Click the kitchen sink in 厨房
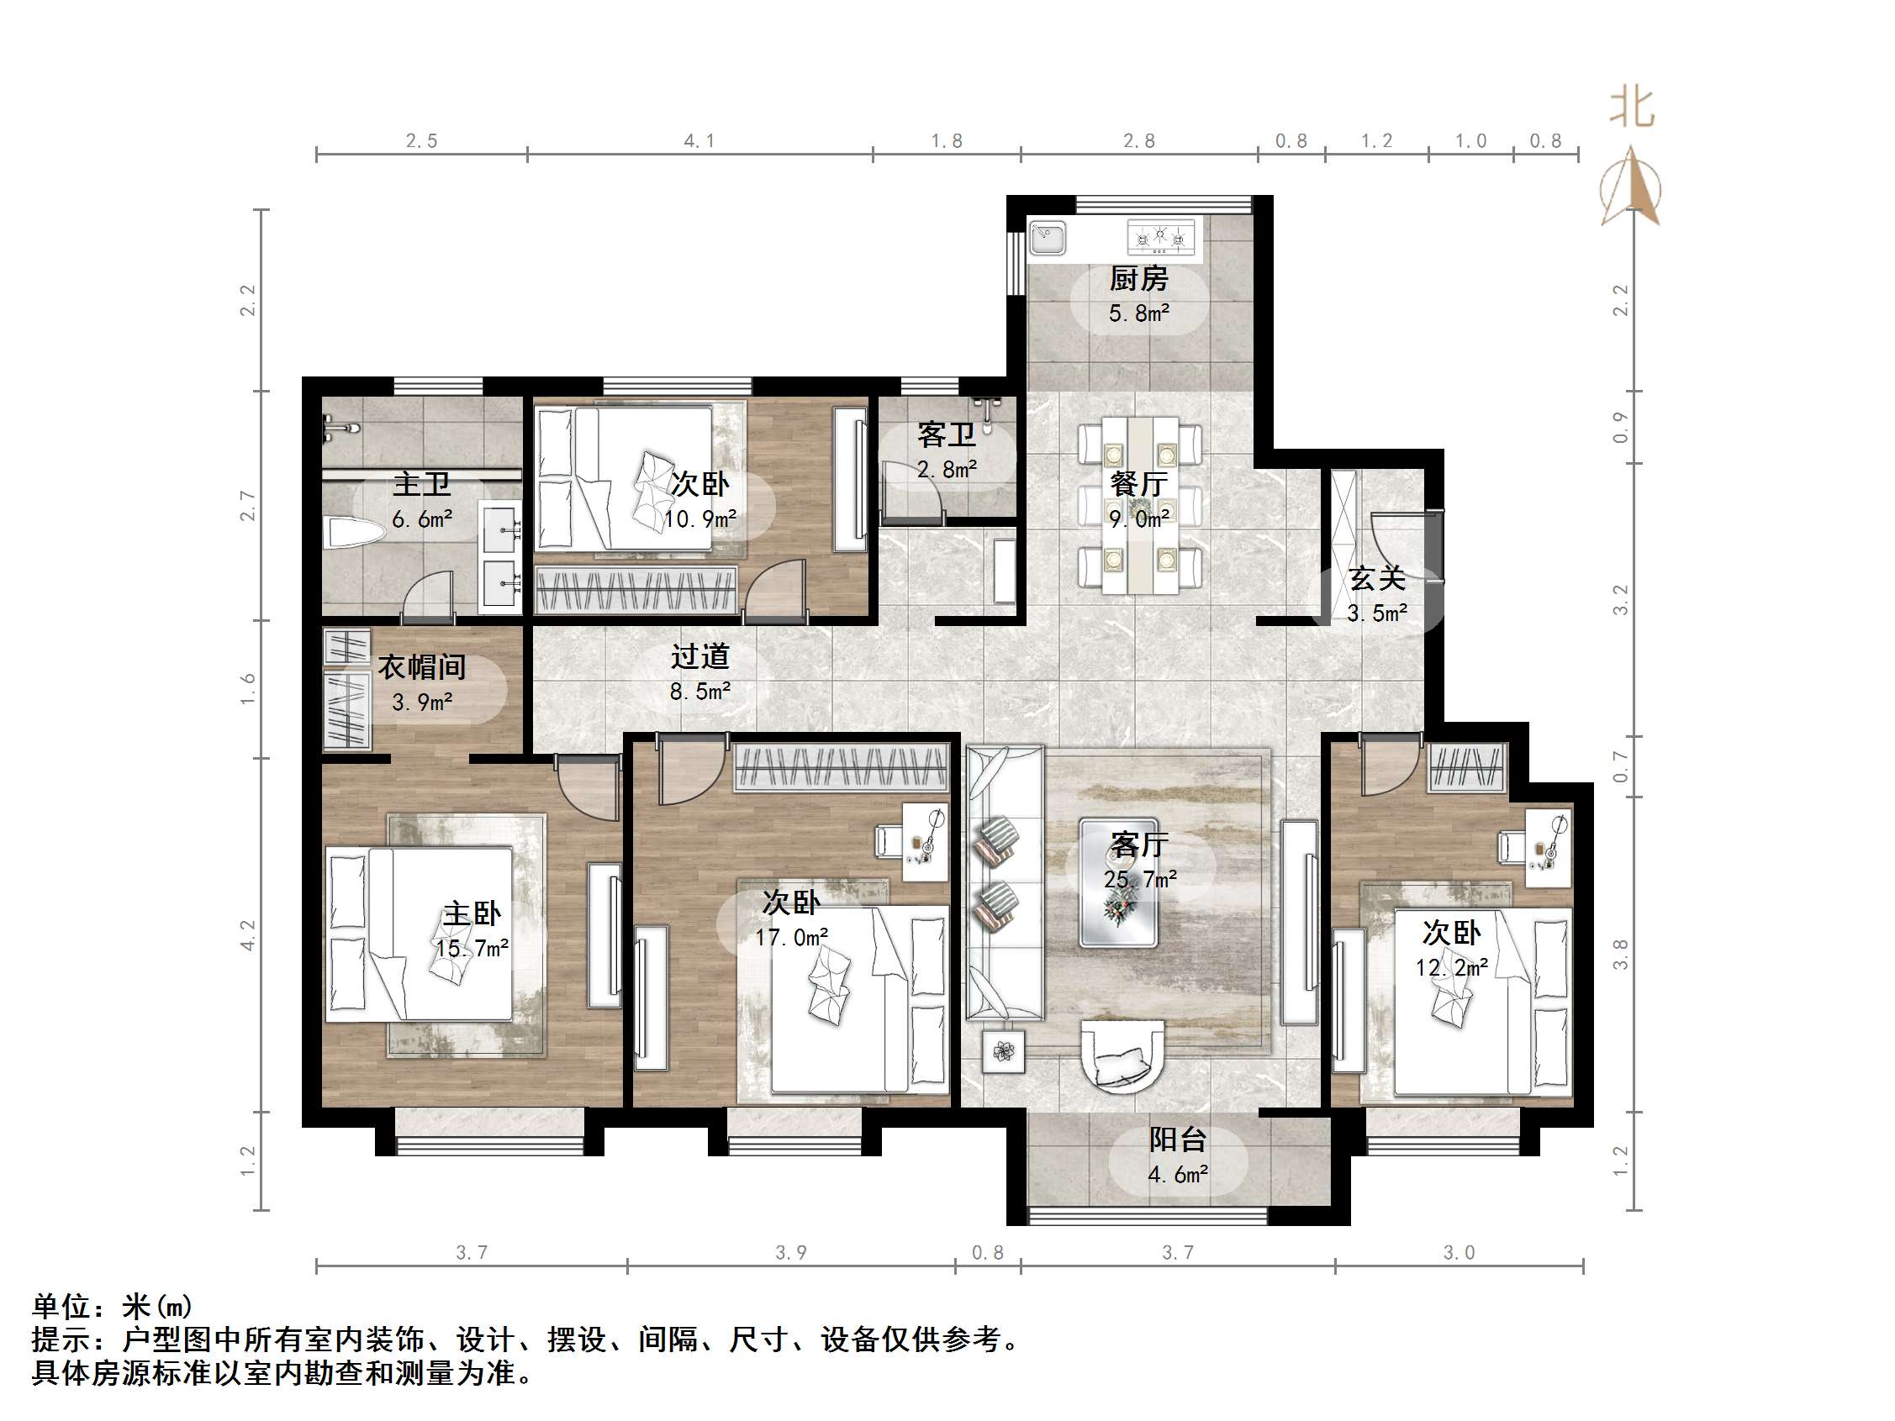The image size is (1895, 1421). click(1047, 237)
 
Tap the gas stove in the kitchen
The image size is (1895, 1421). click(1161, 236)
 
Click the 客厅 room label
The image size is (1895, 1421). click(1139, 845)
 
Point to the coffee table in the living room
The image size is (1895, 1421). click(1118, 883)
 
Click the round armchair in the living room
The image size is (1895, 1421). click(1122, 1055)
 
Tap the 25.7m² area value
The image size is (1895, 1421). click(1139, 879)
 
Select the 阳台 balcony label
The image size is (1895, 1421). click(1177, 1140)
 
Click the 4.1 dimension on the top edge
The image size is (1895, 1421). click(699, 141)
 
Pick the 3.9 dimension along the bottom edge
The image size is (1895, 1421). click(791, 1252)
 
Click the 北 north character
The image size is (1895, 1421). click(1631, 108)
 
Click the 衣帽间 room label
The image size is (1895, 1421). click(421, 667)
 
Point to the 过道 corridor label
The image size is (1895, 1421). click(700, 657)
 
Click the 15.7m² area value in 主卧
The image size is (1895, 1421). click(471, 948)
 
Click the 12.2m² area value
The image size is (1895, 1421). click(1451, 968)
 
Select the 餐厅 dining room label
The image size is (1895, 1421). click(1138, 484)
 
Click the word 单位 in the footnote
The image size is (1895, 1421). click(61, 1306)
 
